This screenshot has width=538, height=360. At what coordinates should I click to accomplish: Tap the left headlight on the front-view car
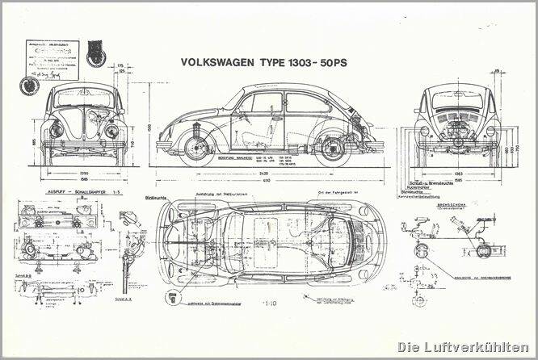pos(57,130)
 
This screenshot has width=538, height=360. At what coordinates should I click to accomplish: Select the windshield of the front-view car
pos(84,99)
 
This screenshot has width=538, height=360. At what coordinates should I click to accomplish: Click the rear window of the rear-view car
pos(456,100)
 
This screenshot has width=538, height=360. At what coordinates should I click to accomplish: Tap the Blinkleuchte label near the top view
pos(153,196)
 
